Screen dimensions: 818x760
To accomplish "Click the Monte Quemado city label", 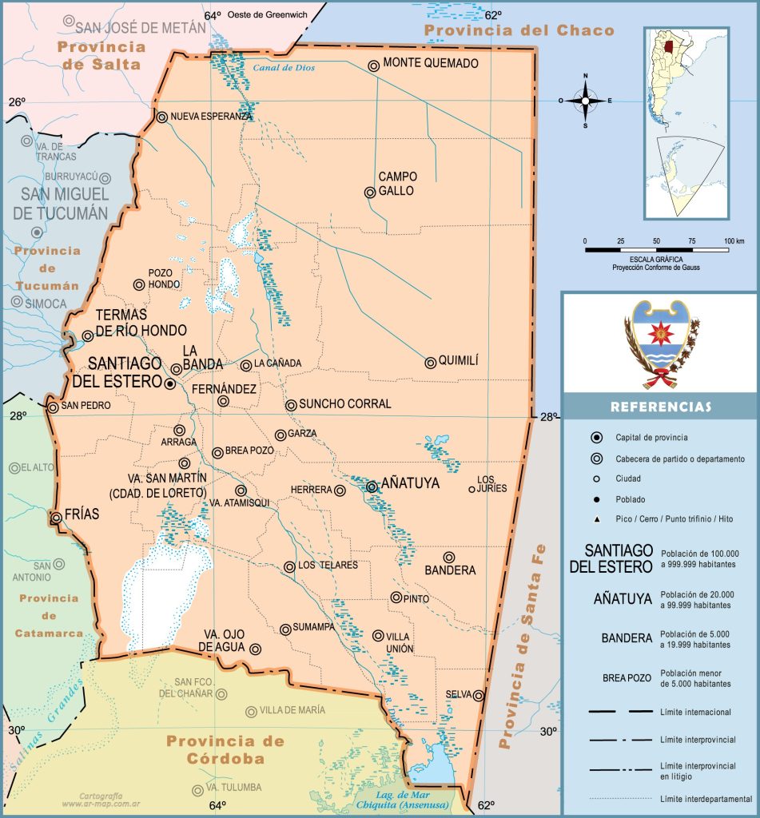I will [431, 63].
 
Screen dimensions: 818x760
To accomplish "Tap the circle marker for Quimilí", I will [431, 363].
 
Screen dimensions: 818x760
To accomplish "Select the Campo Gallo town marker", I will [370, 193].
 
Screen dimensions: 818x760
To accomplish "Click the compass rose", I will [585, 101].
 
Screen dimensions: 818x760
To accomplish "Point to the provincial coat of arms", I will [661, 344].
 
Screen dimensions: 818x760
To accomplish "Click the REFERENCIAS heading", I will [660, 407].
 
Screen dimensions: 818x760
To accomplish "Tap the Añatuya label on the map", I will [410, 483].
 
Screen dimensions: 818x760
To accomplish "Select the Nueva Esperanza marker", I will [162, 117].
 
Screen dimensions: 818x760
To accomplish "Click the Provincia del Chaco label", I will [519, 31].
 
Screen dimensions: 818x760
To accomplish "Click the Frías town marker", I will [56, 518].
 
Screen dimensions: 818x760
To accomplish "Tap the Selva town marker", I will [479, 696].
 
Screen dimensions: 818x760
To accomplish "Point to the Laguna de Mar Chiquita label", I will [403, 799].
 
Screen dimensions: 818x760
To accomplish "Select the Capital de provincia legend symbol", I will [596, 438].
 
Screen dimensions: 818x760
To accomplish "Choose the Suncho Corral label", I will [345, 404].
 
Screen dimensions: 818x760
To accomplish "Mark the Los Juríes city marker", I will [472, 489].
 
